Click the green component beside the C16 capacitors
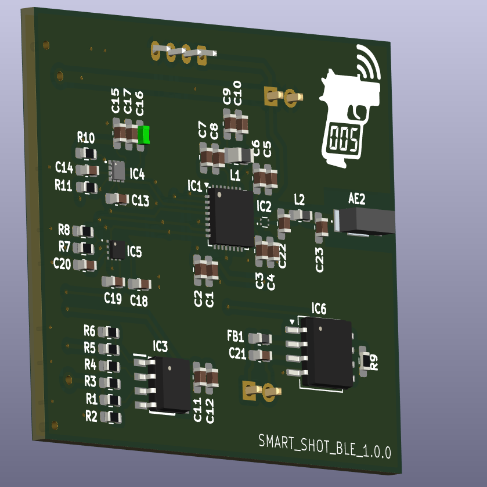point(144,135)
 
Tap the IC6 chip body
point(327,352)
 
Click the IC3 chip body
point(169,384)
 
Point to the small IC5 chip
point(117,249)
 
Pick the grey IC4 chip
point(117,170)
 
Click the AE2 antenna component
point(365,220)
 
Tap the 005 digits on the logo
point(344,139)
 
